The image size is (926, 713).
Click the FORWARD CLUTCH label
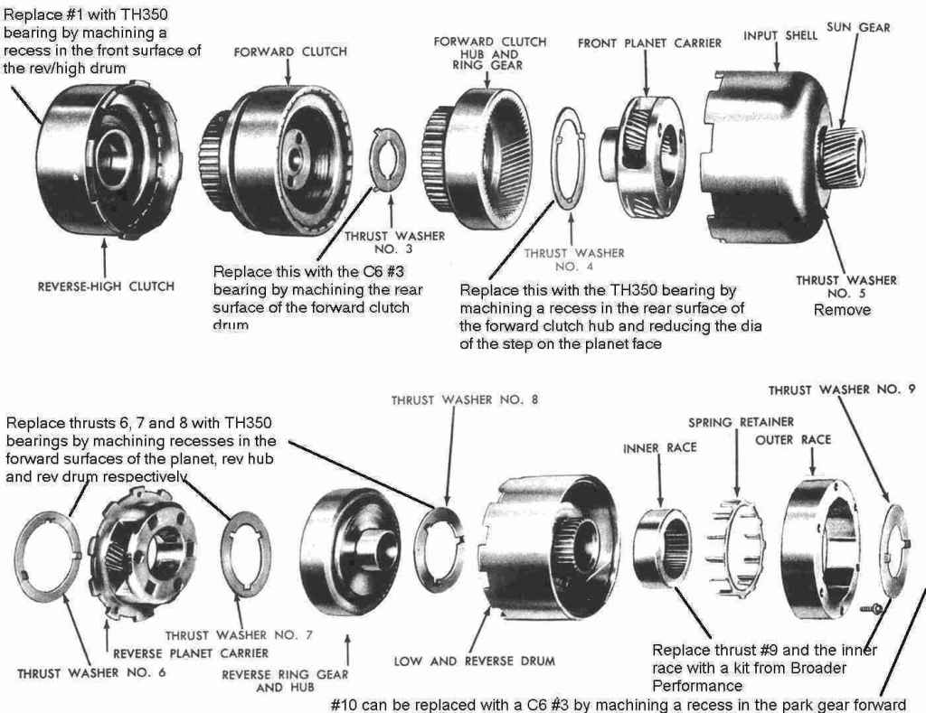point(290,52)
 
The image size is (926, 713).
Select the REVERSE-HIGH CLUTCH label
point(105,286)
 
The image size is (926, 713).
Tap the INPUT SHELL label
point(780,35)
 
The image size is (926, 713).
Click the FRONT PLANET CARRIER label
point(650,43)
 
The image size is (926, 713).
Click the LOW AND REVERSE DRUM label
point(474,661)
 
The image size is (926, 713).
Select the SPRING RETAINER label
point(741,422)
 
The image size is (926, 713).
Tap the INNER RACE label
point(659,447)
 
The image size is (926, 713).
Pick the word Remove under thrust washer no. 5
point(842,310)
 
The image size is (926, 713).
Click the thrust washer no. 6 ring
point(50,554)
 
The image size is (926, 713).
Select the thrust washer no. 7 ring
point(244,554)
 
